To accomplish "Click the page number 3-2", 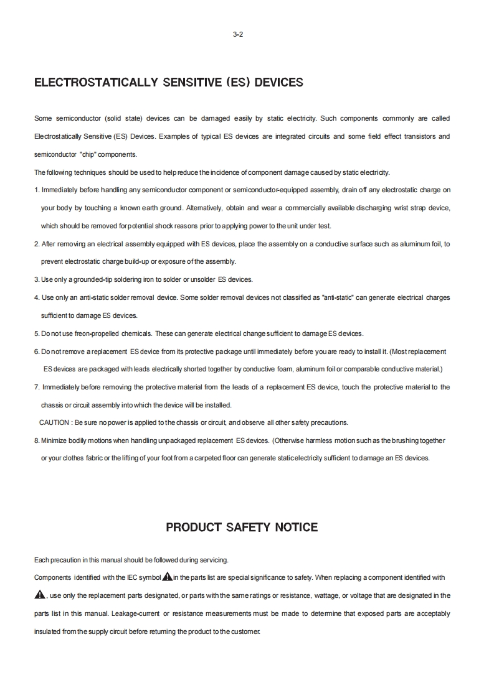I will (x=237, y=35).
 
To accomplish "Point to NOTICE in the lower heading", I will (x=295, y=528).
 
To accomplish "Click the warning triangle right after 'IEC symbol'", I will (x=167, y=577).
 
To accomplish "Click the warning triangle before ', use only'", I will (x=40, y=595).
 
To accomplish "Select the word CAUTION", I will (x=54, y=423).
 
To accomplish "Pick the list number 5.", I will (x=37, y=334).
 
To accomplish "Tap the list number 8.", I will (x=37, y=441).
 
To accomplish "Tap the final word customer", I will (x=245, y=632).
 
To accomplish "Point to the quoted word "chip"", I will (x=88, y=154).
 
